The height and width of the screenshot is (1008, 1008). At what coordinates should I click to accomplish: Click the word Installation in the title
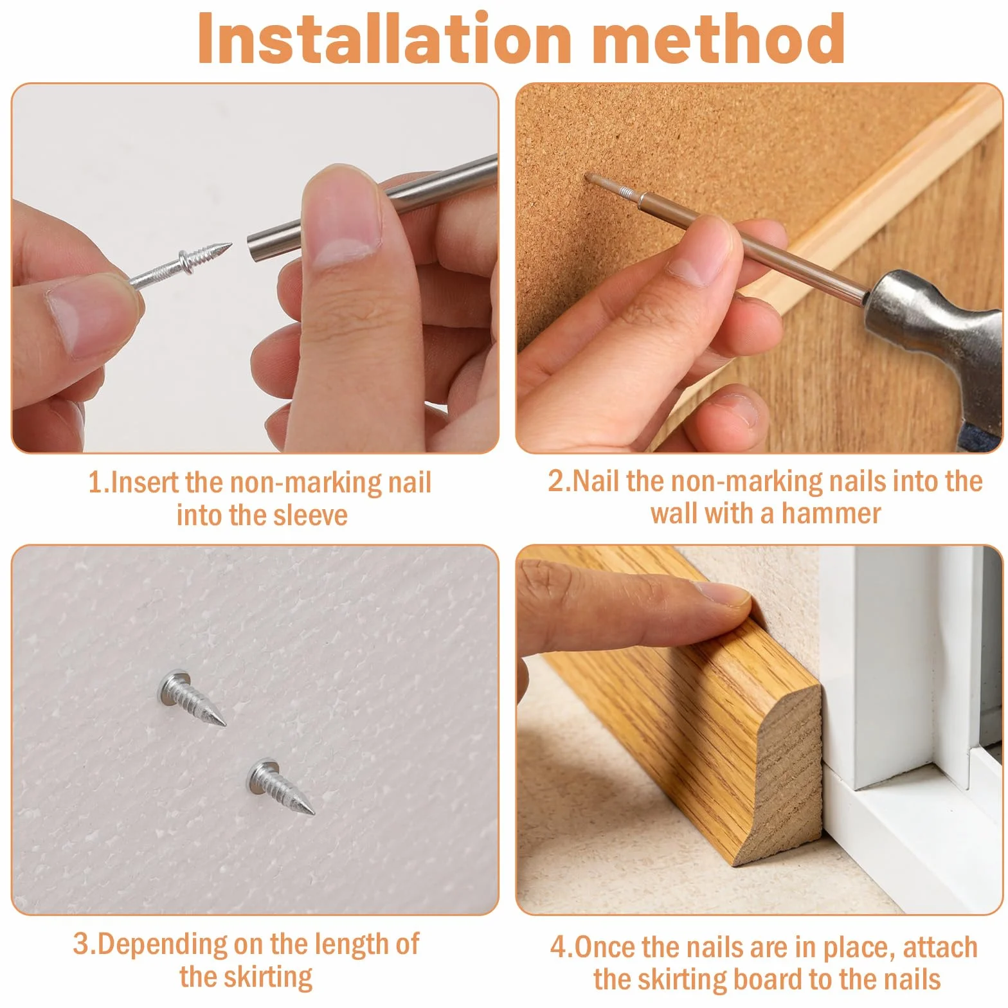384,39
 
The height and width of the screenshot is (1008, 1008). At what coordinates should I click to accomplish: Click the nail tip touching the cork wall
587,175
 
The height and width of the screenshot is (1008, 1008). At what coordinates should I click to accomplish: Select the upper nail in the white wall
191,697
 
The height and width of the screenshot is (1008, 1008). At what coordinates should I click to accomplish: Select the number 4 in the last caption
558,948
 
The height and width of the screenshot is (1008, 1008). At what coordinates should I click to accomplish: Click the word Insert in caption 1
145,483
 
